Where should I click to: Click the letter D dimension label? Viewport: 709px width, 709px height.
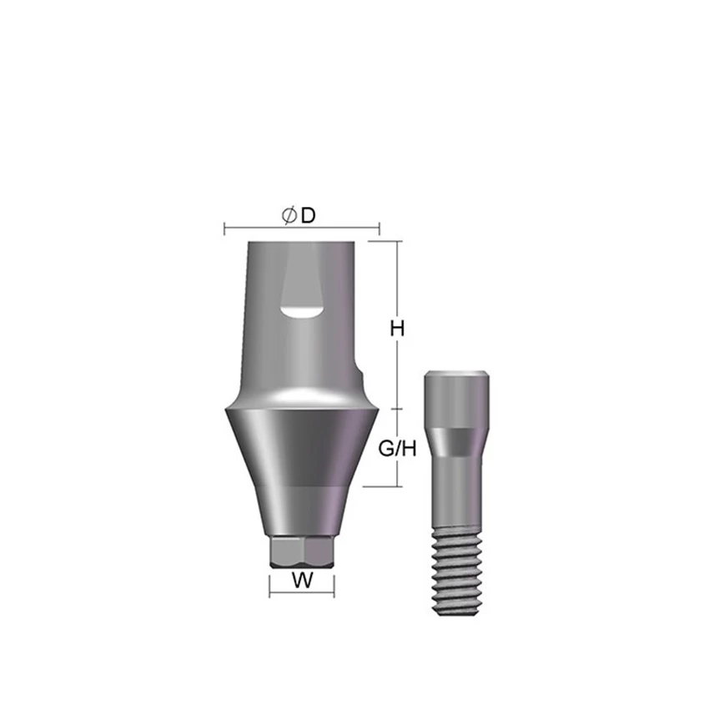308,216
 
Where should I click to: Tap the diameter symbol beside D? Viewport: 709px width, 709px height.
289,216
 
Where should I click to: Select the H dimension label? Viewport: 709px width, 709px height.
397,329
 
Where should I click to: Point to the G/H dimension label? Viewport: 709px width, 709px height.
397,449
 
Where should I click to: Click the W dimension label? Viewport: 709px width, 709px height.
302,581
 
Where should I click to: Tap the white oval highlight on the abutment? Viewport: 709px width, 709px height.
300,311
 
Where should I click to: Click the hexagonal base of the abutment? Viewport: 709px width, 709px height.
302,551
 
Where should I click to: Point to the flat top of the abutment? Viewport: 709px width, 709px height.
301,242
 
